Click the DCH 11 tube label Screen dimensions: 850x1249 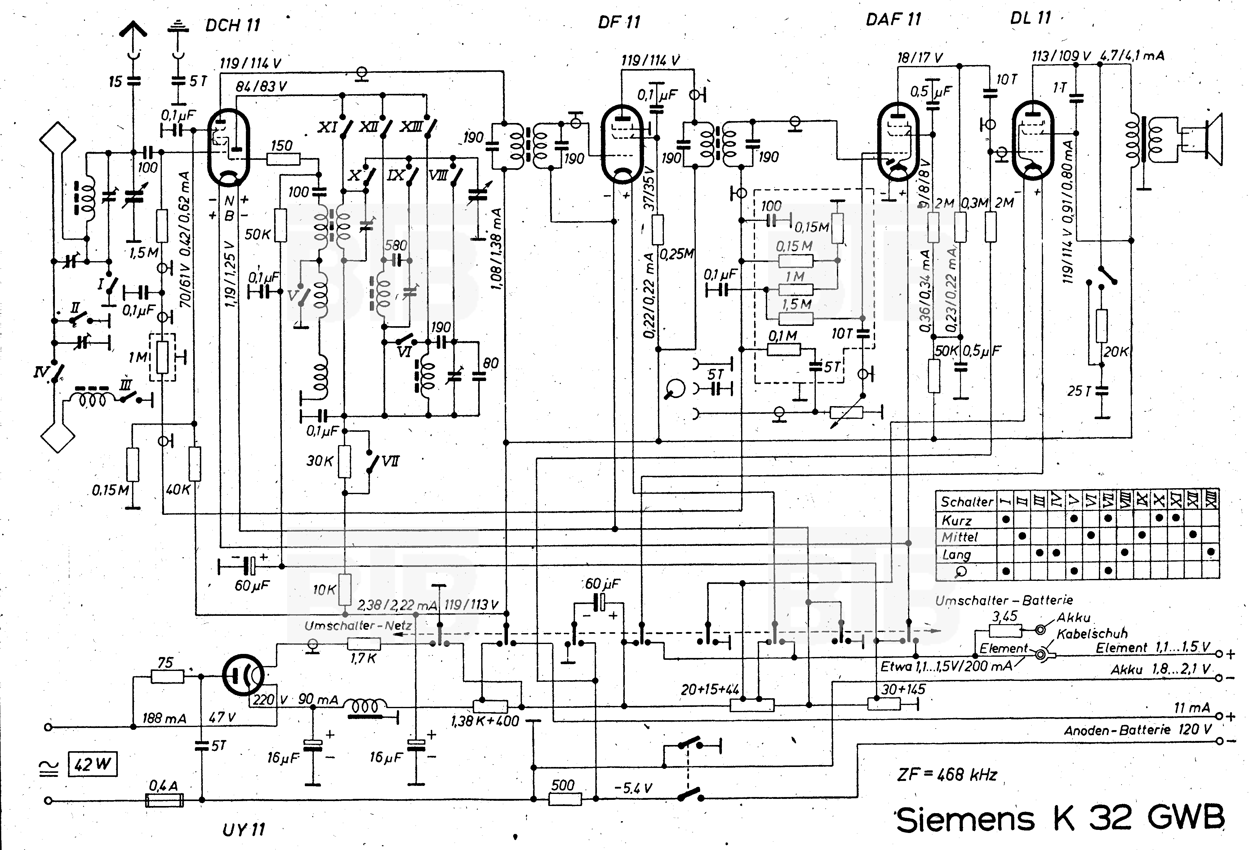pos(233,25)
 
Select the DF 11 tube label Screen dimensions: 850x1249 pos(619,23)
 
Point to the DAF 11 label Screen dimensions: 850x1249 pos(893,20)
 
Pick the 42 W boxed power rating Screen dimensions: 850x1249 pos(92,764)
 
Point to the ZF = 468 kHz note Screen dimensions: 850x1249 pos(947,774)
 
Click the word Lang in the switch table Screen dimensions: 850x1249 pos(956,554)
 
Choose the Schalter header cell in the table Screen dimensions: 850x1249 pos(966,502)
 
